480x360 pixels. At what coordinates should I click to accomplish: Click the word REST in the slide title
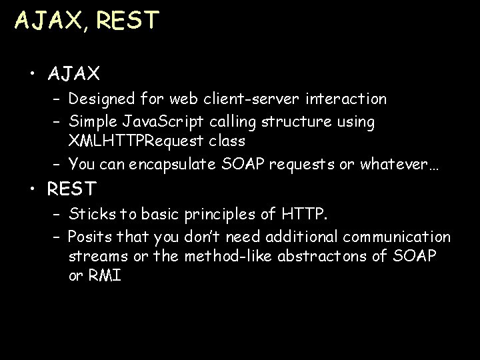coord(128,20)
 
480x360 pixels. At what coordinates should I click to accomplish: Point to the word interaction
coord(346,99)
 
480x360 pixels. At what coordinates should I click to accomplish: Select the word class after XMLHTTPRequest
coord(225,141)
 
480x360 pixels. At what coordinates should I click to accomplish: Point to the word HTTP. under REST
coord(305,215)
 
